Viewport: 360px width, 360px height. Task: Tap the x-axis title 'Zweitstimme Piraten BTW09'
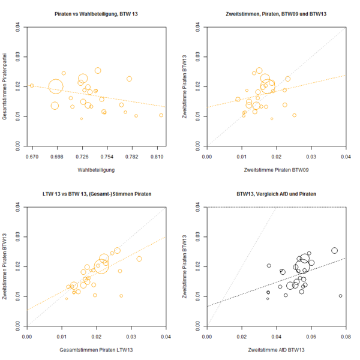[x=276, y=169]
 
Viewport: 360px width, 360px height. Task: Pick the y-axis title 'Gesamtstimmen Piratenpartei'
[x=5, y=86]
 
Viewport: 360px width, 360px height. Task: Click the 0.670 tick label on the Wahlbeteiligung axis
[x=32, y=155]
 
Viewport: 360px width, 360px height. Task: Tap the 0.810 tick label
[x=158, y=155]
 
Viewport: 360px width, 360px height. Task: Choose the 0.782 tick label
[x=133, y=155]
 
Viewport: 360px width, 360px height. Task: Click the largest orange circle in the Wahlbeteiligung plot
[x=56, y=87]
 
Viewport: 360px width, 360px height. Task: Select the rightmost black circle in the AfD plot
[x=340, y=296]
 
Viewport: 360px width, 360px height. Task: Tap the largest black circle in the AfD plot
[x=304, y=260]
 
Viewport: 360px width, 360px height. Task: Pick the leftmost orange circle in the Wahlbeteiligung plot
[x=32, y=86]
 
